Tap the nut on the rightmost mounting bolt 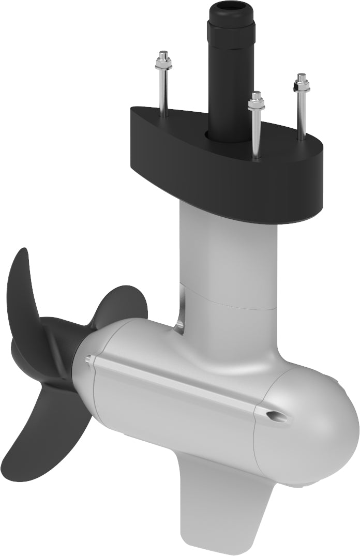301,83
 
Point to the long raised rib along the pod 176,383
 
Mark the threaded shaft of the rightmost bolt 301,114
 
